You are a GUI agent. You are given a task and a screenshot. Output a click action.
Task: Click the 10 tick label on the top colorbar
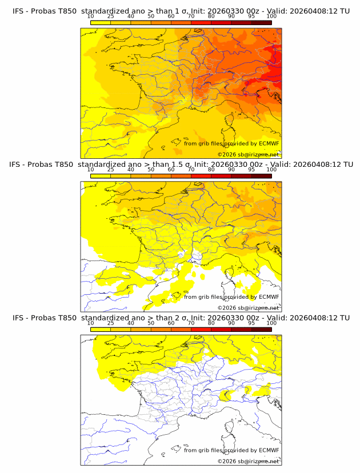tap(91, 17)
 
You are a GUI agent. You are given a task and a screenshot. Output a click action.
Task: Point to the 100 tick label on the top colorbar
tap(271, 17)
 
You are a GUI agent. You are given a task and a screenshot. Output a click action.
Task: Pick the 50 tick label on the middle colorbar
tap(151, 170)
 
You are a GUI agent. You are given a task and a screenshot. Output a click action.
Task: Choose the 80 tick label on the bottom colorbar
tap(211, 323)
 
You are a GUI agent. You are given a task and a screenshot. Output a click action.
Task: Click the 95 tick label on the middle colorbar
tap(251, 170)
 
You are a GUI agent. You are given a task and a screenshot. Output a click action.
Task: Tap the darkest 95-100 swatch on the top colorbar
tap(261, 22)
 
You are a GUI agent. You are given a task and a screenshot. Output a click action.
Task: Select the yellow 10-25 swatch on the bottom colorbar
tap(101, 329)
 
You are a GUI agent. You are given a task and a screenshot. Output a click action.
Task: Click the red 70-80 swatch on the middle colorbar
tap(201, 176)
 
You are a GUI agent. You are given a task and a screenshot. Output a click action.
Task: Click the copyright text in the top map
tap(248, 154)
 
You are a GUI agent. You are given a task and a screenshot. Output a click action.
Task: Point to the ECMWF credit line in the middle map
tap(231, 296)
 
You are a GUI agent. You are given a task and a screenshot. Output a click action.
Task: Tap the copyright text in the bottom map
tap(248, 461)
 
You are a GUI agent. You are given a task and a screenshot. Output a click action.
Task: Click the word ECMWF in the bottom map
tap(269, 450)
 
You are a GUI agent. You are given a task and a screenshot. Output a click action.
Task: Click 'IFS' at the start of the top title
tap(19, 11)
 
